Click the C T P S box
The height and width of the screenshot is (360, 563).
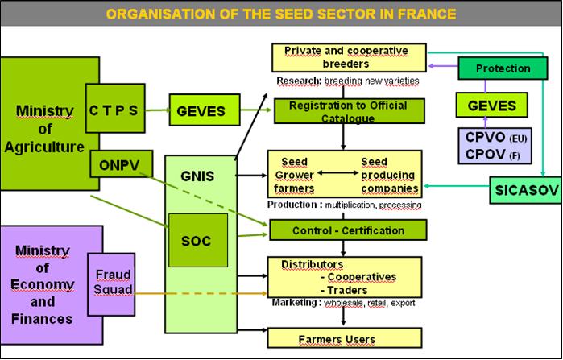click(115, 109)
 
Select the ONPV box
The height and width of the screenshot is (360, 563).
click(121, 164)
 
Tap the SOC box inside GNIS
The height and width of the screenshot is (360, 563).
click(198, 241)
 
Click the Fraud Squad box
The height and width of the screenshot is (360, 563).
click(111, 284)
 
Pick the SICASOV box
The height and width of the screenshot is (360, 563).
click(526, 190)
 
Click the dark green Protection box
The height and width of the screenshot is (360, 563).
click(503, 68)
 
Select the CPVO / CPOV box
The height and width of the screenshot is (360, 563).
click(495, 146)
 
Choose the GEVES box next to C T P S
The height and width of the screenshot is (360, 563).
click(205, 110)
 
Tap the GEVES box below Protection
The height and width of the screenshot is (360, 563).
click(491, 105)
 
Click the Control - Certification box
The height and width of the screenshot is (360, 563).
click(348, 230)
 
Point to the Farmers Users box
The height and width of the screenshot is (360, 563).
click(345, 337)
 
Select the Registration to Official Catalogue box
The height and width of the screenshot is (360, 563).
click(349, 111)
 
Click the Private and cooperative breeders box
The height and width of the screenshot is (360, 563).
click(349, 57)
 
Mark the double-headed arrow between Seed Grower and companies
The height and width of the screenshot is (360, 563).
click(337, 173)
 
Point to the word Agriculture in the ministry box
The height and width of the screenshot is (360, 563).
click(44, 147)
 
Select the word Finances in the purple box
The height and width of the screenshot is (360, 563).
click(42, 319)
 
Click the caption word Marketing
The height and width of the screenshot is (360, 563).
click(294, 302)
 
